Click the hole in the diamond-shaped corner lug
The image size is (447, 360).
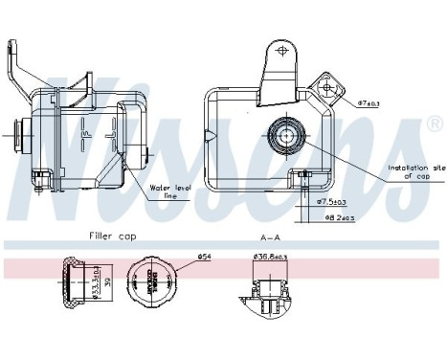pos(328,87)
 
